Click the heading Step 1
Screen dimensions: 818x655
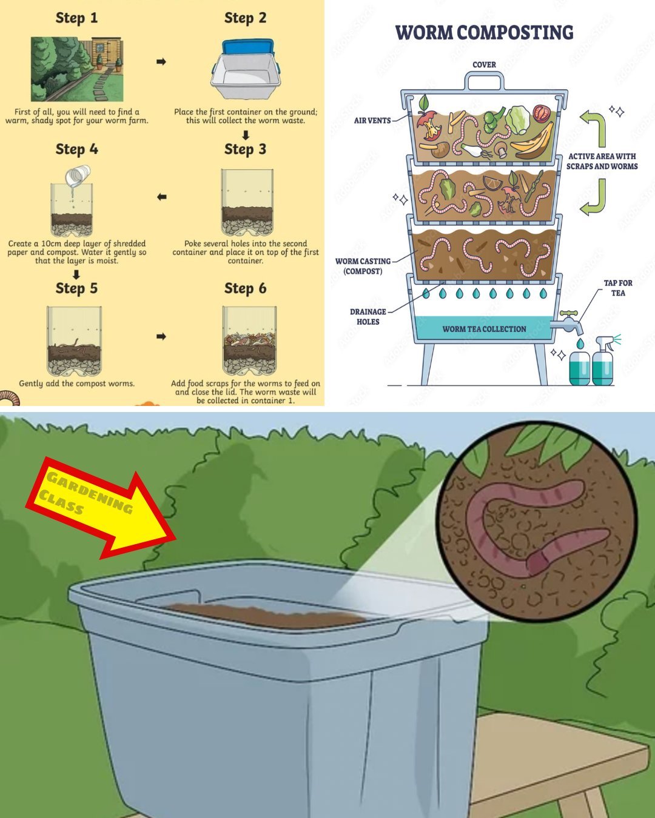76,18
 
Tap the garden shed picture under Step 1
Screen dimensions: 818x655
77,69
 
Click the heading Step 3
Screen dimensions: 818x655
245,150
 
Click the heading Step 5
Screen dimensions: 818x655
76,288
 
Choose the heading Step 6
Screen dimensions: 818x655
245,288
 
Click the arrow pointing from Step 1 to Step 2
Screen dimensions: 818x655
161,62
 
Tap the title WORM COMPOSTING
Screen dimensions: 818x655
484,33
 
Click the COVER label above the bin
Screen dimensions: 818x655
484,65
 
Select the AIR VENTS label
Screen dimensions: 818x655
372,121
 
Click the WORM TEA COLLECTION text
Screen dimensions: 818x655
484,329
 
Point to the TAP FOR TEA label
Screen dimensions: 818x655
617,288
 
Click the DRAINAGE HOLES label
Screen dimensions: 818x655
368,316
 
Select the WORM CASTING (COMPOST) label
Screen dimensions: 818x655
363,266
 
